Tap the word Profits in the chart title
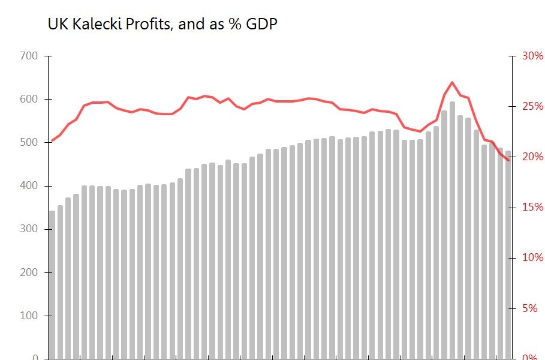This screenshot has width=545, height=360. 146,24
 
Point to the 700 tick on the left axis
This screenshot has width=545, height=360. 29,56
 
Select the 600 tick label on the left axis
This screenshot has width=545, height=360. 29,99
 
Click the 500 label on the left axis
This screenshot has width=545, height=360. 29,143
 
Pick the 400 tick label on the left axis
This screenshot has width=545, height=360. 29,186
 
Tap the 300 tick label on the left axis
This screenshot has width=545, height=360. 29,229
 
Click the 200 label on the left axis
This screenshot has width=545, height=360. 29,272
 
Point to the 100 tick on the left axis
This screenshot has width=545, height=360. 29,316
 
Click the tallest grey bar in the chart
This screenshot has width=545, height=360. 452,240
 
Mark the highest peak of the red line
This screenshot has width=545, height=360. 452,82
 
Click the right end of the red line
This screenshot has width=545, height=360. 508,160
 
